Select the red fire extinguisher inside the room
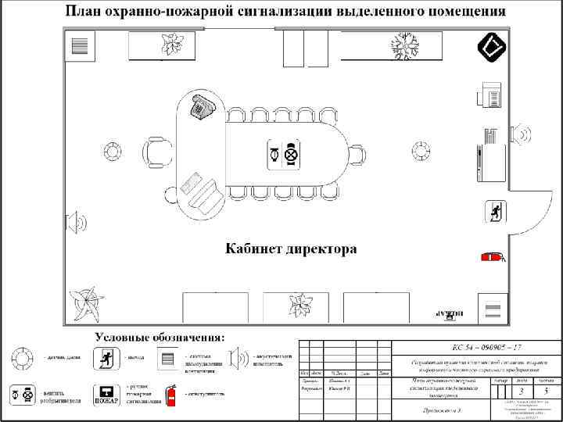coord(493,256)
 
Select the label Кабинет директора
coord(291,250)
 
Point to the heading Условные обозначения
coord(160,337)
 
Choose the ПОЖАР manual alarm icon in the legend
coord(106,395)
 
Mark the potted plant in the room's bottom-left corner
coord(84,302)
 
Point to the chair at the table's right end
coord(357,154)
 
